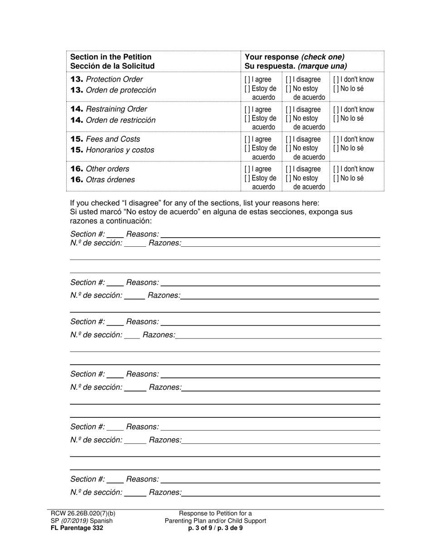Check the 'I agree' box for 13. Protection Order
coord(246,80)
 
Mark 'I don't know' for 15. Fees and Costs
coord(335,139)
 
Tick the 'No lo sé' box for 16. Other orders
coord(335,178)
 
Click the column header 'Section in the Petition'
coord(111,57)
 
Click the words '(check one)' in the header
coord(323,57)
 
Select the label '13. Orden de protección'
coord(113,90)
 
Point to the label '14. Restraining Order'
coord(109,109)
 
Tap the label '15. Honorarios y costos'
coord(112,150)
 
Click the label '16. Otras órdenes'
coord(103,180)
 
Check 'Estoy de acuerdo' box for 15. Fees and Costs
coord(246,148)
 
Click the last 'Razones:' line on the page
coord(281,493)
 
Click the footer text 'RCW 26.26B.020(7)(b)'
coord(83,514)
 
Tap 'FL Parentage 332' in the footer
coord(77,528)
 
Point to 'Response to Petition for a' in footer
coord(215,514)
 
